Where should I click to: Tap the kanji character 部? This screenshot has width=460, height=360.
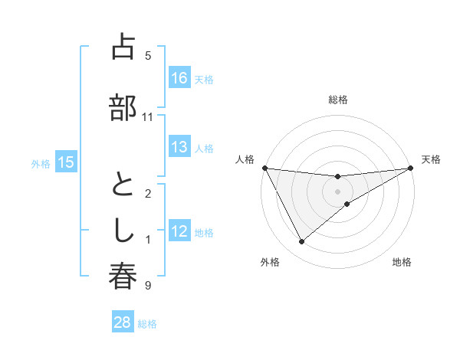123,107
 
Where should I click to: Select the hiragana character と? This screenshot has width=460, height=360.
123,185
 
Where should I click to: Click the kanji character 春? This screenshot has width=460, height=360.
123,277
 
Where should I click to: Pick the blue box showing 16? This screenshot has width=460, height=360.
179,78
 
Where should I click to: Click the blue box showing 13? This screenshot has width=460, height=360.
179,147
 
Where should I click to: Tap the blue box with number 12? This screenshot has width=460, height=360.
179,231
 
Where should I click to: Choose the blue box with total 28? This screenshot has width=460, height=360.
123,322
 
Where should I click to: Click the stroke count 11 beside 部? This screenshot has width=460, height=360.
148,117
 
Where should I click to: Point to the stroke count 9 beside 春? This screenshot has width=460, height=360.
148,286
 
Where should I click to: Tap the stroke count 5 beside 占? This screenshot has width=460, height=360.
148,55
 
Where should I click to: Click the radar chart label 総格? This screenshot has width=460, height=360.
338,100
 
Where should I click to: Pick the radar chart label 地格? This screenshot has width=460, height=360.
402,262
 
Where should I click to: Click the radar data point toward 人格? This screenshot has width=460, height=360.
265,168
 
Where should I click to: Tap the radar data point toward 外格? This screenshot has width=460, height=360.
301,242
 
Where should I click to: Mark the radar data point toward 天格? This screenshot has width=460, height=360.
411,168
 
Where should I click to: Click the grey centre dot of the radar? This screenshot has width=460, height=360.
338,191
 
